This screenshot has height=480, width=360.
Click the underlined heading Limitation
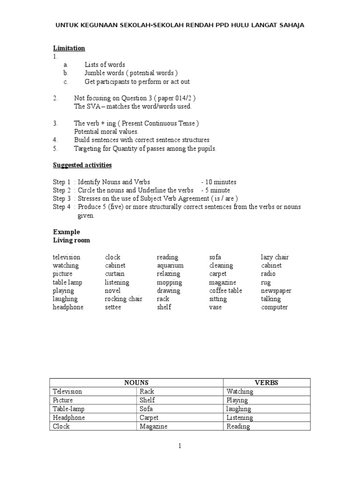(69, 48)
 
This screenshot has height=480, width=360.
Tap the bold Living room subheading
(71, 240)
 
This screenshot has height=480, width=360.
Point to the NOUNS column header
(136, 382)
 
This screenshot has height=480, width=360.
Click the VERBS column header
(266, 382)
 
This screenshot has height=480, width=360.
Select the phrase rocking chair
(124, 299)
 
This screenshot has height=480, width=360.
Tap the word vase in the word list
(216, 307)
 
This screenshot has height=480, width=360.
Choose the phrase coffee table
(225, 291)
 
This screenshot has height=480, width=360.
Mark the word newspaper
(276, 291)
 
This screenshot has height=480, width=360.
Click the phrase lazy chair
(275, 257)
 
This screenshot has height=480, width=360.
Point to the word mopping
(169, 283)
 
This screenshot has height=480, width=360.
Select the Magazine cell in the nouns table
(153, 427)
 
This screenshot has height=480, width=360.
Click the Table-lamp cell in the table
(69, 409)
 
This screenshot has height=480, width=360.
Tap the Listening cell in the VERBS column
(240, 418)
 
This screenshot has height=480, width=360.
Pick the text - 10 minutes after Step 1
(219, 182)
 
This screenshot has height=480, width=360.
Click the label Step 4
(61, 207)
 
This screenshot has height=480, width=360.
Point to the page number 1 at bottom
(180, 446)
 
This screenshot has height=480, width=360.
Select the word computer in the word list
(275, 307)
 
